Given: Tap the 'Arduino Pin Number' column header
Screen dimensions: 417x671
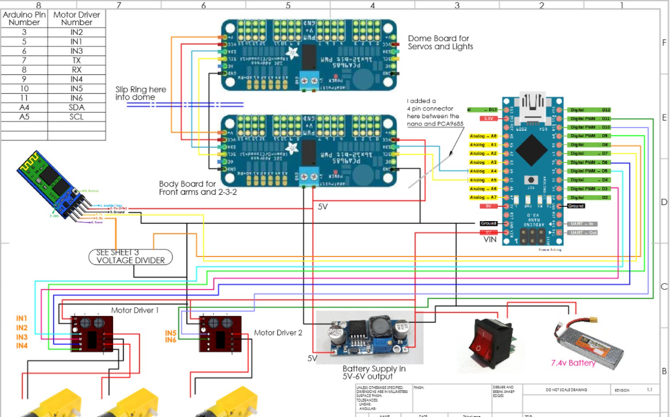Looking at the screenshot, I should click(25, 18).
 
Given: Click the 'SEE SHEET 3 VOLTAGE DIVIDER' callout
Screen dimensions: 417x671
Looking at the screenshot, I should click(131, 256).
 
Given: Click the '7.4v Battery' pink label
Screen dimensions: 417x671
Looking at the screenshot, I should click(573, 363).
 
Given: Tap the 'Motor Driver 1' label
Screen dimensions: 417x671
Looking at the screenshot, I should click(135, 310).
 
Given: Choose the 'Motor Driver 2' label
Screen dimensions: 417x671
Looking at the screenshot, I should click(277, 332).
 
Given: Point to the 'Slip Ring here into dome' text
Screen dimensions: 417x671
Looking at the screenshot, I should click(141, 93).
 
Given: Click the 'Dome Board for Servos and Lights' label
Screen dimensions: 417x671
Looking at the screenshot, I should click(440, 43).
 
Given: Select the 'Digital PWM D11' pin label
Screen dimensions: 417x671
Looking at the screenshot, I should click(590, 119).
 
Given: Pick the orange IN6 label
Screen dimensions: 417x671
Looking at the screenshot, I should click(170, 340).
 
